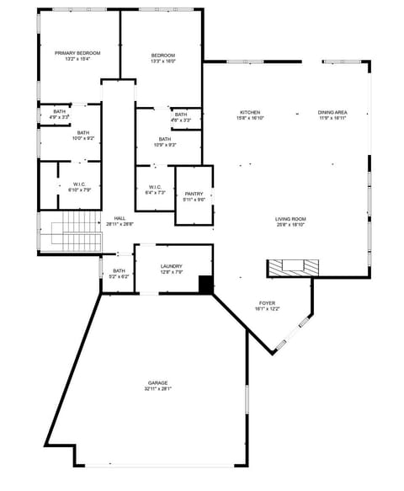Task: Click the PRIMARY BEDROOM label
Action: click(77, 53)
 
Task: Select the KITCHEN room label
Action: click(250, 113)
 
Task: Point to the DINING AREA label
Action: click(332, 113)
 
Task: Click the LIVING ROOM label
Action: click(290, 219)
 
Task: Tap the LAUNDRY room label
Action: click(171, 266)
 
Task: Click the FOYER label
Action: click(267, 303)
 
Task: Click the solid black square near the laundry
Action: click(205, 285)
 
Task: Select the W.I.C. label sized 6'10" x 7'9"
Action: click(80, 184)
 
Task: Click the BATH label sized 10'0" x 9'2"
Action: click(83, 132)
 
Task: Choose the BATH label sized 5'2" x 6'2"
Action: click(120, 270)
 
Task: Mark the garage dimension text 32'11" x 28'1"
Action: click(157, 389)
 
